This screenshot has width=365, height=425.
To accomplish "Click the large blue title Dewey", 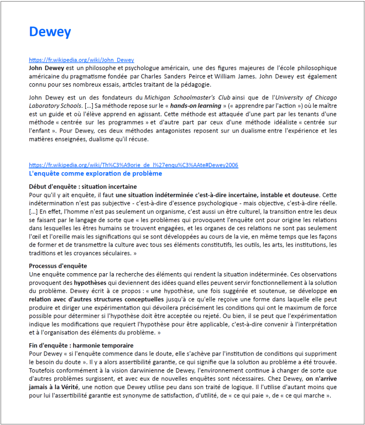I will click(x=50, y=32).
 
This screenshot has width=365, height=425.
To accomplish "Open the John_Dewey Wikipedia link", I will click(x=81, y=60).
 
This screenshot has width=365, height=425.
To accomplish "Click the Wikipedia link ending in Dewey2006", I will click(x=133, y=165).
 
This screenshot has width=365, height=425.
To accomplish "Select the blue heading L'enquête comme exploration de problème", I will click(x=95, y=173).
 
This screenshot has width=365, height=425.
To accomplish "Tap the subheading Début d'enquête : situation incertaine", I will click(x=83, y=187).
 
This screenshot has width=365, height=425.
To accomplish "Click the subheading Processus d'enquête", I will click(x=58, y=266).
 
